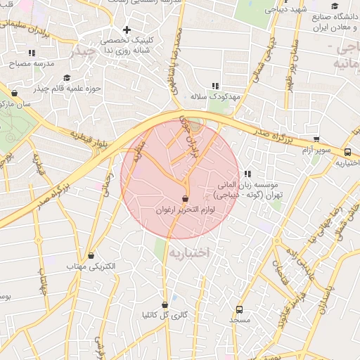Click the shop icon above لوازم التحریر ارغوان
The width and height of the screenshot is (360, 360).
pyautogui.click(x=185, y=199)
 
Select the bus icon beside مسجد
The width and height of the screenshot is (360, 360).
pyautogui.click(x=239, y=309)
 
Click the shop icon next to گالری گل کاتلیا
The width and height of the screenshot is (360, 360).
pyautogui.click(x=165, y=305)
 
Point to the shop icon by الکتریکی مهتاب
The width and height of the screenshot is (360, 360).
pyautogui.click(x=91, y=256)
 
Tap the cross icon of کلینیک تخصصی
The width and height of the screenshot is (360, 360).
pyautogui.click(x=127, y=30)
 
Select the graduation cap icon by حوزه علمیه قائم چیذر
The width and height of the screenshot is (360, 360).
pyautogui.click(x=67, y=78)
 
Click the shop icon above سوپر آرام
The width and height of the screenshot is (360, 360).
pyautogui.click(x=316, y=139)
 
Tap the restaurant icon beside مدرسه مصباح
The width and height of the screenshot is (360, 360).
pyautogui.click(x=32, y=53)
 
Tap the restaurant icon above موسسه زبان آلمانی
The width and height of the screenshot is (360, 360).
pyautogui.click(x=247, y=174)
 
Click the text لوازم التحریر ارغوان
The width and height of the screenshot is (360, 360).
pyautogui.click(x=185, y=210)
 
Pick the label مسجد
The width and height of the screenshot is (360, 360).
pyautogui.click(x=239, y=320)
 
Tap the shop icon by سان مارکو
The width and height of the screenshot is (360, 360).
pyautogui.click(x=15, y=93)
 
